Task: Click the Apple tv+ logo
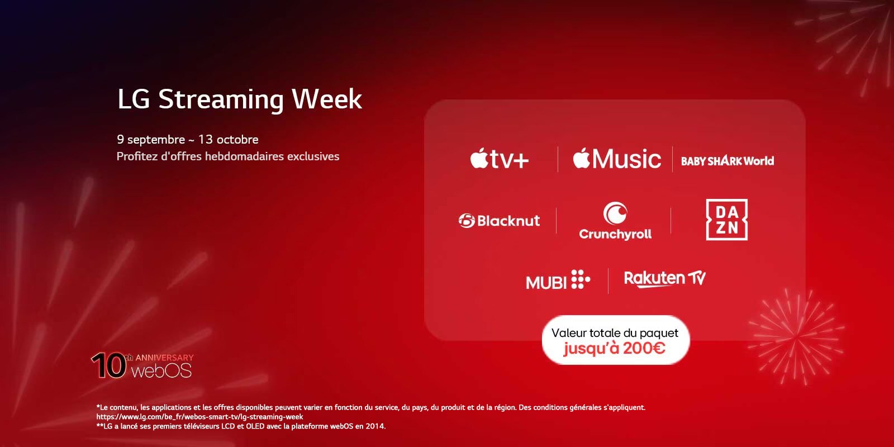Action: [499, 160]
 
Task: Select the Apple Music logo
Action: [616, 159]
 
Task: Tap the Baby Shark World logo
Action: [727, 161]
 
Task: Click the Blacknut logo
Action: [499, 221]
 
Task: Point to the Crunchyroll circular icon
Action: [615, 213]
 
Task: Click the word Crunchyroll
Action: [615, 234]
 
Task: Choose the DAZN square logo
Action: [726, 220]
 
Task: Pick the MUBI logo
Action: [557, 280]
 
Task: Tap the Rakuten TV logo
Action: [664, 278]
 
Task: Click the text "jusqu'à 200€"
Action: [615, 348]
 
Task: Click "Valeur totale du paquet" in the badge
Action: [615, 333]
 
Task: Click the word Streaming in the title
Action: [221, 99]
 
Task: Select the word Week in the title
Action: [327, 99]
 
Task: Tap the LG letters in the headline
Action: [134, 99]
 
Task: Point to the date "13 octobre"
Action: [228, 140]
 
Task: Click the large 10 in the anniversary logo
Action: [108, 367]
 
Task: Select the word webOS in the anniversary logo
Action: [161, 370]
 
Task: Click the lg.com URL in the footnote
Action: [199, 417]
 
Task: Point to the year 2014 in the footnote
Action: [375, 426]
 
